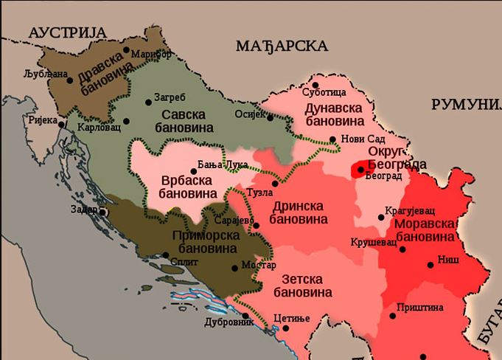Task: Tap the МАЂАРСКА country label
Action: pyautogui.click(x=282, y=46)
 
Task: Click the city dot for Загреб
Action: pyautogui.click(x=149, y=99)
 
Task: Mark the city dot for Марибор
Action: pyautogui.click(x=127, y=51)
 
